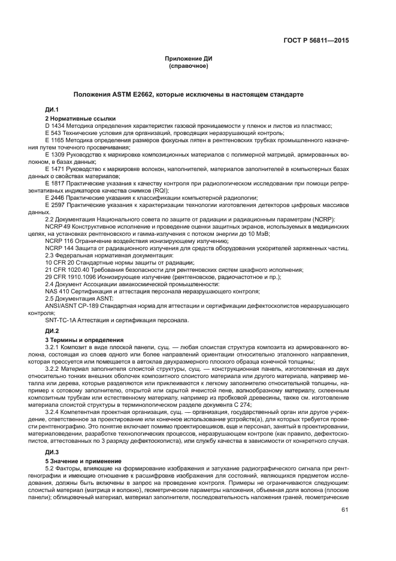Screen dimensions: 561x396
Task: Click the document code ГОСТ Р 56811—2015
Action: [316, 41]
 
